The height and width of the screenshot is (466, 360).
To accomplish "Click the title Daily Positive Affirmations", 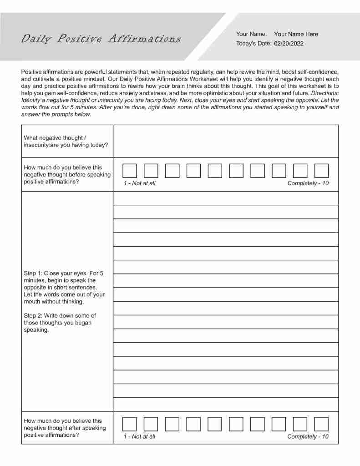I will [101, 39].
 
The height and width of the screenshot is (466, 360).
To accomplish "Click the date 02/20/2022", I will [289, 44].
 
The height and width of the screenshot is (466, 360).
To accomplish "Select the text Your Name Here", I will [296, 34].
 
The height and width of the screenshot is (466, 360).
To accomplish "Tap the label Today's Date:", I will [254, 44].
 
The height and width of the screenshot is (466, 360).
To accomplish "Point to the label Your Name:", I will [251, 34].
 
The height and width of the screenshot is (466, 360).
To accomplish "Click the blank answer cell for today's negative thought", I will [225, 141].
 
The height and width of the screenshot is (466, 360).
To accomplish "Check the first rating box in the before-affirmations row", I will [130, 171].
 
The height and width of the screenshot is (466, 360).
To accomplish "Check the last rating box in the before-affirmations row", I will [321, 171].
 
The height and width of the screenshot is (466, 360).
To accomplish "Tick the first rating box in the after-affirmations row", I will [130, 424].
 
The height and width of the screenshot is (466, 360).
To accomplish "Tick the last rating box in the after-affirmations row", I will [321, 424].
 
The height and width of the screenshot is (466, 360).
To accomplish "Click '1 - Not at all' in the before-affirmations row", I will [139, 183].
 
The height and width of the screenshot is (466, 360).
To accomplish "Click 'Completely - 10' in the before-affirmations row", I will [308, 183].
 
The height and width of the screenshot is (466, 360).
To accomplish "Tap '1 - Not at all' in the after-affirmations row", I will [139, 436].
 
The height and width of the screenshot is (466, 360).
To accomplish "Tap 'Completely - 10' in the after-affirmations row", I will [308, 436].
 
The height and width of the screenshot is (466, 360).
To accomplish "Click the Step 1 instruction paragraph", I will [64, 287].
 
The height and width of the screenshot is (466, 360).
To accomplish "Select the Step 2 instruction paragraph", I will [60, 323].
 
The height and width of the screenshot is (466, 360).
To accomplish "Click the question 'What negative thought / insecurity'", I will [66, 141].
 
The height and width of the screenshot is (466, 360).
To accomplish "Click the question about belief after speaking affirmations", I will [65, 428].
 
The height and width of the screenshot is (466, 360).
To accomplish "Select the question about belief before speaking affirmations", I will [66, 174].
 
